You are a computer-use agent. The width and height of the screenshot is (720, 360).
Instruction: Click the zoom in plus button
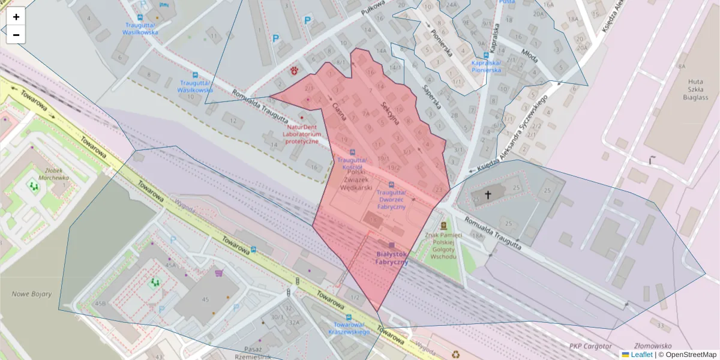point(16,17)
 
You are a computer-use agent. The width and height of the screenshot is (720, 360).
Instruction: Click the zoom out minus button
point(16,35)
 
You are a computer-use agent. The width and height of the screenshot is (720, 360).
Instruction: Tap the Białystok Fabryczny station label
point(392,258)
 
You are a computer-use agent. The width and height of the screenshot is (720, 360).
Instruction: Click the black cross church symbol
point(488,195)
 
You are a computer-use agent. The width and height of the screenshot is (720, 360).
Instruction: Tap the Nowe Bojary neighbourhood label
point(32,294)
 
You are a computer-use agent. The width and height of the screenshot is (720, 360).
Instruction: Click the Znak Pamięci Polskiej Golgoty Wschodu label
point(443,246)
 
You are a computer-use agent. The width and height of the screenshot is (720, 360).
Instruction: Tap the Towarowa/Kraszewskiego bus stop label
point(348,328)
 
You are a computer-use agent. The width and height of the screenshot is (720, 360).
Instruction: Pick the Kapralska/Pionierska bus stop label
point(486,66)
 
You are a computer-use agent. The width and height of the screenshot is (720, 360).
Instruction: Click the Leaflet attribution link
point(641,355)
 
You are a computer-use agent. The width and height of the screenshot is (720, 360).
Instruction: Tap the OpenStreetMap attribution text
point(691,355)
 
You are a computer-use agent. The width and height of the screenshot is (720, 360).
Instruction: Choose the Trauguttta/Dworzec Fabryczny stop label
point(392,199)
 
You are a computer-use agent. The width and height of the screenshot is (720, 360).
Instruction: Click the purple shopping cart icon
point(218,273)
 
